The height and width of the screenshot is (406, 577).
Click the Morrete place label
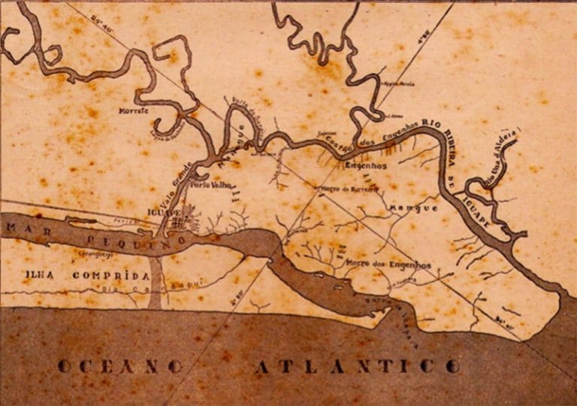click(x=134, y=111)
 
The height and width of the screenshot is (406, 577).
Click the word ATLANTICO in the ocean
click(x=357, y=366)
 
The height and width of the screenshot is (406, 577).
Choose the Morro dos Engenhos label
click(x=388, y=265)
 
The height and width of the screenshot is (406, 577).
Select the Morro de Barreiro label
click(x=343, y=190)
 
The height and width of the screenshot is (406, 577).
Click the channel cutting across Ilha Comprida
click(x=155, y=282)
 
